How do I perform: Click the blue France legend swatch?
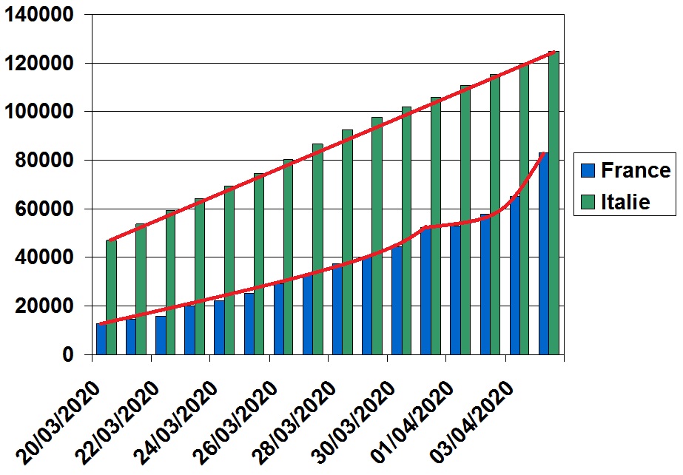click(x=587, y=171)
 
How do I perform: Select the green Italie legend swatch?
click(x=587, y=201)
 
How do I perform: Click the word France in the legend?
click(x=636, y=171)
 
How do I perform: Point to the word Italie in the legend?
click(x=625, y=201)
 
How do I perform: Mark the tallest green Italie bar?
click(x=554, y=203)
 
